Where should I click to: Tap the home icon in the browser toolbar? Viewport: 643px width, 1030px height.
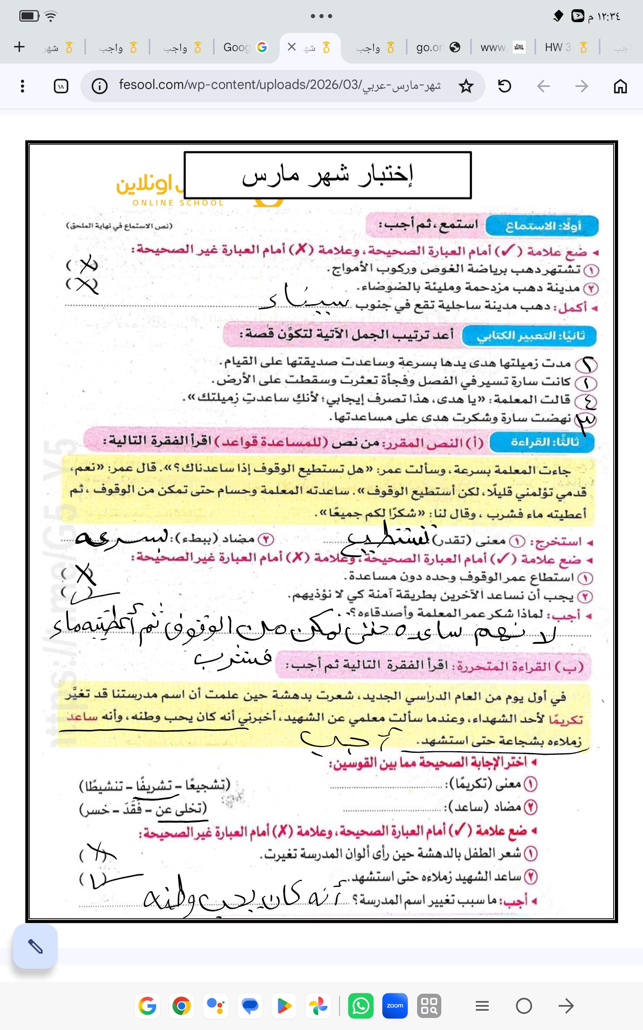pos(620,87)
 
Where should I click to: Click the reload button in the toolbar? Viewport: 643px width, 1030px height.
pos(504,87)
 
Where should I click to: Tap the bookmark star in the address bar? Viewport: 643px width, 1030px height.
pos(466,87)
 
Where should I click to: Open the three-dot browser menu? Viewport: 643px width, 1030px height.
pos(23,87)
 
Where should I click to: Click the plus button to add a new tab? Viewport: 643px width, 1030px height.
pos(20,47)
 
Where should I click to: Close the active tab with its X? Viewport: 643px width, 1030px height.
pos(292,47)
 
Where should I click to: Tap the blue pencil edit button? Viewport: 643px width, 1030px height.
pos(35,947)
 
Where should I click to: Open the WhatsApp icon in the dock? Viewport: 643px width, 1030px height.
pos(360,1006)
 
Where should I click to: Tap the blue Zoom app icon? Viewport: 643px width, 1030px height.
pos(395,1006)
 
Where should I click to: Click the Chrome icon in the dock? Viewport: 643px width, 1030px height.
pos(182,1006)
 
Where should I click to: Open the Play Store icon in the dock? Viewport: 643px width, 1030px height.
pos(284,1006)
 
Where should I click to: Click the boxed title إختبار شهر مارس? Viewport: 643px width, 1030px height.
pos(328,175)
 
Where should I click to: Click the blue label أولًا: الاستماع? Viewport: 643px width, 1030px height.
pos(542,226)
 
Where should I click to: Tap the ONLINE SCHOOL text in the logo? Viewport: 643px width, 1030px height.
pos(178,203)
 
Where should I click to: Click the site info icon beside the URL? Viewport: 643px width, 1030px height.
pos(100,87)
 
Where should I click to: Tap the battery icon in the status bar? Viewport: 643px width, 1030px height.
pos(29,16)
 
